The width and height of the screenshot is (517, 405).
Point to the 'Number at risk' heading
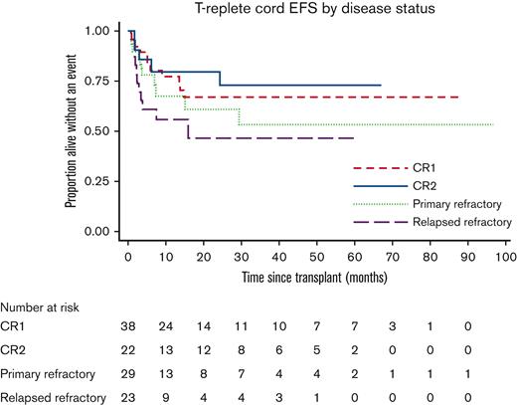pyautogui.click(x=45, y=308)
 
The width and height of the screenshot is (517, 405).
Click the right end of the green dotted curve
pyautogui.click(x=493, y=124)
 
